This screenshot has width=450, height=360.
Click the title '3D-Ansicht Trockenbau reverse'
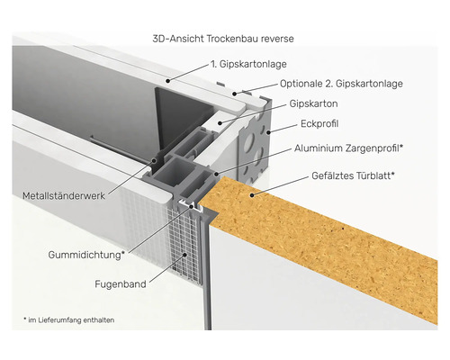(x=223, y=39)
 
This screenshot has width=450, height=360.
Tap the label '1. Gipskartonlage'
(x=248, y=64)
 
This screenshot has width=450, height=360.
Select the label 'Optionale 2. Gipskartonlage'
(x=341, y=84)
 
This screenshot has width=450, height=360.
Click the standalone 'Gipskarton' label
(x=313, y=103)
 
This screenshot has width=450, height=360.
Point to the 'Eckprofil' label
(x=319, y=123)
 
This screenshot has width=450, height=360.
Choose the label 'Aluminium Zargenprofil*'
(x=348, y=148)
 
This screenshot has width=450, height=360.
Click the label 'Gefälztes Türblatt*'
(x=353, y=175)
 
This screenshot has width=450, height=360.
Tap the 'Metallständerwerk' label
(x=64, y=196)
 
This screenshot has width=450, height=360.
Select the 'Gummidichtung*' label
(x=86, y=255)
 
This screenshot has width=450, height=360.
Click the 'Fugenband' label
(x=121, y=284)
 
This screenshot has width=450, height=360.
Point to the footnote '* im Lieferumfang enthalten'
(x=68, y=320)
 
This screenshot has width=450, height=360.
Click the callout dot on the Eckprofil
(x=268, y=131)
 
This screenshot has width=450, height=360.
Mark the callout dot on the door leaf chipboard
(x=252, y=195)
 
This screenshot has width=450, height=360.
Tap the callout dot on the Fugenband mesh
(x=185, y=255)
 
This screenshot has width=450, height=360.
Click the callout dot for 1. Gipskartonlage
(x=168, y=80)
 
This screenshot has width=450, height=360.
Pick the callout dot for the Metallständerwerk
(x=154, y=160)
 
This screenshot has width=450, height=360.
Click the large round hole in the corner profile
(x=249, y=141)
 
